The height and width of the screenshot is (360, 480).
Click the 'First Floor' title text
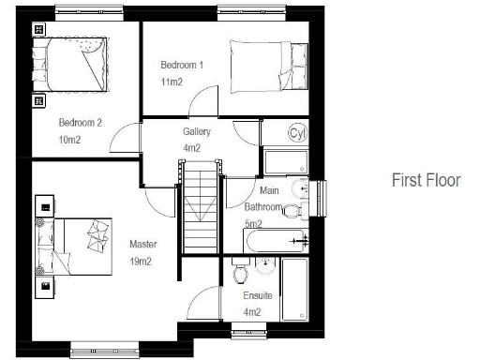[x=426, y=180]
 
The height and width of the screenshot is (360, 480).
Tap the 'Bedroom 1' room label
[x=181, y=65]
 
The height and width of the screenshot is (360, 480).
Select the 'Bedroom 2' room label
[x=80, y=123]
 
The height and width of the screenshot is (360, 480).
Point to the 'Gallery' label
[x=197, y=132]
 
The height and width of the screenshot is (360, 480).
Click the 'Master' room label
[x=143, y=245]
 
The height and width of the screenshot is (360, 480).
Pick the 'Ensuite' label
[x=258, y=295]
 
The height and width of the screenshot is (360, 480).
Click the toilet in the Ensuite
[x=241, y=274]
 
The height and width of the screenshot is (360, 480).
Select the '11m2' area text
[x=171, y=82]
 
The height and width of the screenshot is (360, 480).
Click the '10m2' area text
[x=70, y=140]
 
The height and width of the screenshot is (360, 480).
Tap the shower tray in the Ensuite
[x=296, y=289]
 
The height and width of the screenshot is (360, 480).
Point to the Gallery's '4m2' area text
[x=192, y=148]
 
